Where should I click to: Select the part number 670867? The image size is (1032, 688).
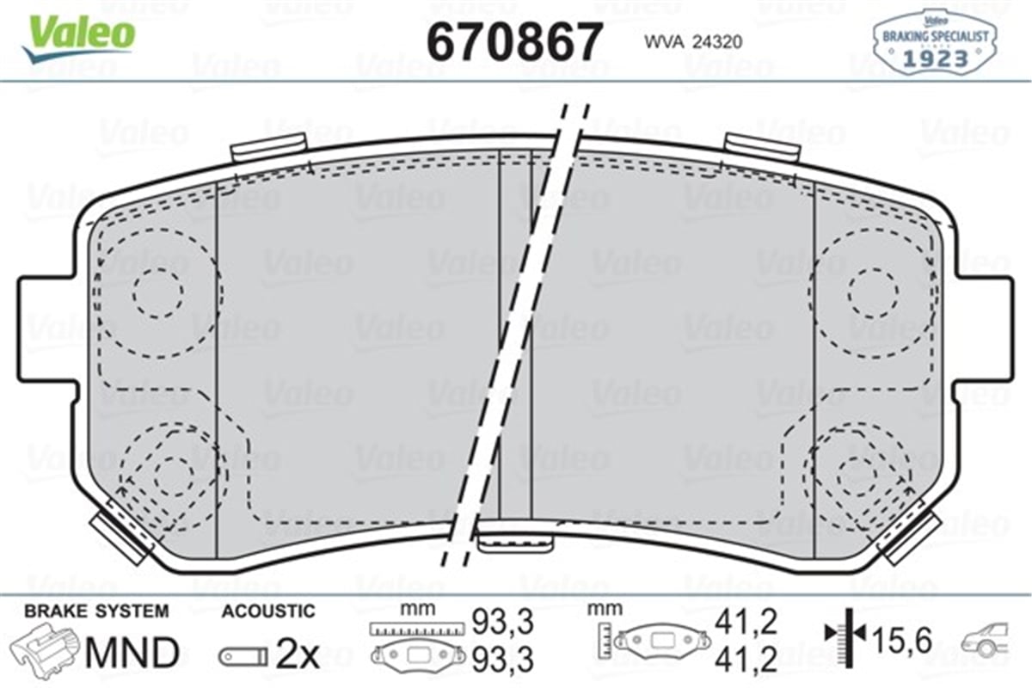515,40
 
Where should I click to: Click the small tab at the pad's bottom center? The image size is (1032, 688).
514,541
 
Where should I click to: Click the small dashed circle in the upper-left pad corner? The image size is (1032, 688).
158,292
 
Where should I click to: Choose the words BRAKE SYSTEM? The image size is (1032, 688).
96,611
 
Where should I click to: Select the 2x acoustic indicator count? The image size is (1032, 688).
297,656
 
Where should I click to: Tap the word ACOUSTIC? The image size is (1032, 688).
268,611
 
